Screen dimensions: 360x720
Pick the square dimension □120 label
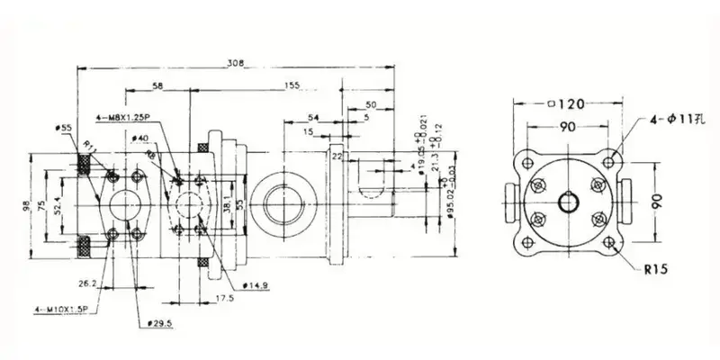point(567,104)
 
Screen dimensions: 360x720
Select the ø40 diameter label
point(139,138)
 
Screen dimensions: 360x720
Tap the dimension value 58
point(158,86)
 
